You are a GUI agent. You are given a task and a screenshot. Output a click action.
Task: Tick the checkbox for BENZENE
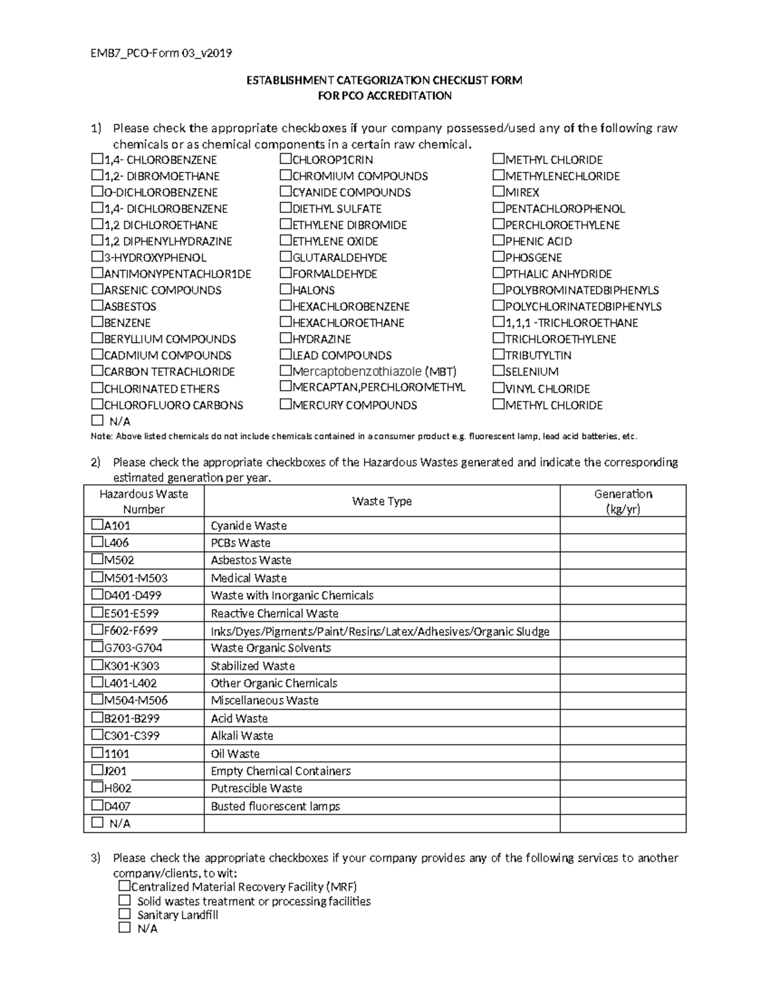(97, 322)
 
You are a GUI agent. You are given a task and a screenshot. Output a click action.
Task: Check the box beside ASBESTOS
(97, 306)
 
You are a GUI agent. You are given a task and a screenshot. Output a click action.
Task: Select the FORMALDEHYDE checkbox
(286, 273)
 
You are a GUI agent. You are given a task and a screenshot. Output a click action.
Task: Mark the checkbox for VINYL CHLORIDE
(499, 387)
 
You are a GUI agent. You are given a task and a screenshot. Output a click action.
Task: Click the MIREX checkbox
(499, 191)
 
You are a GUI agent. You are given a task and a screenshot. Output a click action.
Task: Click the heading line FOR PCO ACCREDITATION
(385, 96)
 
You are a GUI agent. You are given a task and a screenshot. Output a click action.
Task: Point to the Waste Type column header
(382, 502)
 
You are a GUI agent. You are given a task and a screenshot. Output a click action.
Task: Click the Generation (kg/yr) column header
(622, 502)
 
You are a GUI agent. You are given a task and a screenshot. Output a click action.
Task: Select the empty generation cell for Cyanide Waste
(622, 526)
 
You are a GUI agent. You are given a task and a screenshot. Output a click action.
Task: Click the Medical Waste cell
(249, 578)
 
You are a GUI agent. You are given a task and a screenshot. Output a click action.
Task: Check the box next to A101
(97, 525)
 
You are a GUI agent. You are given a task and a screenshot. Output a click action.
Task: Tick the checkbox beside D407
(97, 805)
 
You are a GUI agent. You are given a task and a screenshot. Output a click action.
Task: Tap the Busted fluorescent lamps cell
(275, 806)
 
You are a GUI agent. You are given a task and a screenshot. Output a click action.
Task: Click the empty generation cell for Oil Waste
(622, 754)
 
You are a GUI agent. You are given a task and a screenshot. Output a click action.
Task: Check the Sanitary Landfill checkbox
(124, 915)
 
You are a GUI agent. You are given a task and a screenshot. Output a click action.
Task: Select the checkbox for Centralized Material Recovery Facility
(124, 886)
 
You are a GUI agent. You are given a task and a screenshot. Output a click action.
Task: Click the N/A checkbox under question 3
(124, 928)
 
